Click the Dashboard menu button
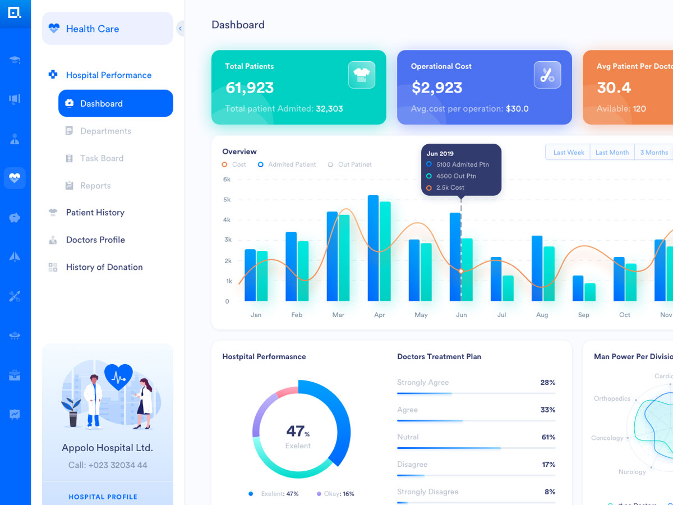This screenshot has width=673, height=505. pos(116,103)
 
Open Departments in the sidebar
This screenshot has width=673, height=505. pos(105,131)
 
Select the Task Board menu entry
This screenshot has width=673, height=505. pos(101,158)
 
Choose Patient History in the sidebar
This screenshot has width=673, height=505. pos(95,213)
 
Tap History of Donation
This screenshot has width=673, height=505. pos(104,267)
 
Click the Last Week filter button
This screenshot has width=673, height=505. pos(568,153)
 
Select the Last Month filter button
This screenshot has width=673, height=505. pos(612,153)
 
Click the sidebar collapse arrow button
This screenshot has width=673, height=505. pos(180,29)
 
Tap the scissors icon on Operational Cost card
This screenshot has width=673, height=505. pos(547,75)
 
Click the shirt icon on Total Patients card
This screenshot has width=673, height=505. pos(361,75)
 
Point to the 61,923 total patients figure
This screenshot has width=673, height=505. pos(250,88)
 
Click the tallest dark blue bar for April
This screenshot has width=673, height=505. pos(373,248)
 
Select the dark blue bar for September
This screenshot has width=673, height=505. pos(578,288)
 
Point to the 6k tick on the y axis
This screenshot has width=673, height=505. pos(227,180)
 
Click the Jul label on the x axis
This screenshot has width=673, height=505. pos(501,315)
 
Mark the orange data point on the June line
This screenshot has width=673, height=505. pos(461,271)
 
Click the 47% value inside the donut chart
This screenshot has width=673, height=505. pos(298,431)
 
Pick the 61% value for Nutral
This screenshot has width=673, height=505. pos(548,437)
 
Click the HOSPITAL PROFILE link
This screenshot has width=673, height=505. pos(103,497)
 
